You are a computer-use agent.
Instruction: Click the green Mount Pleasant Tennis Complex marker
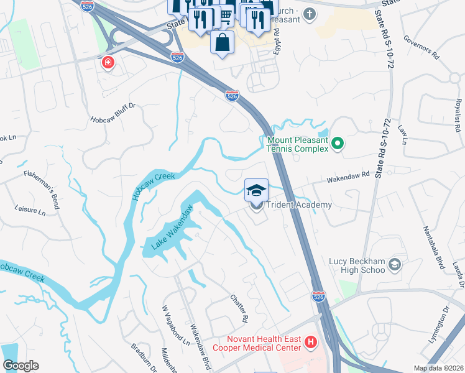click(338, 144)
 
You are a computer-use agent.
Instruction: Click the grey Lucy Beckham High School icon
click(394, 266)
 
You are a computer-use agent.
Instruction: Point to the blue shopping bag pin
click(222, 44)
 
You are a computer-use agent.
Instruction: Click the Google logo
click(21, 366)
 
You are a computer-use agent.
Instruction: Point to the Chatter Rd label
click(241, 308)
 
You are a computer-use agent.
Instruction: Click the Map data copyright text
click(438, 368)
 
